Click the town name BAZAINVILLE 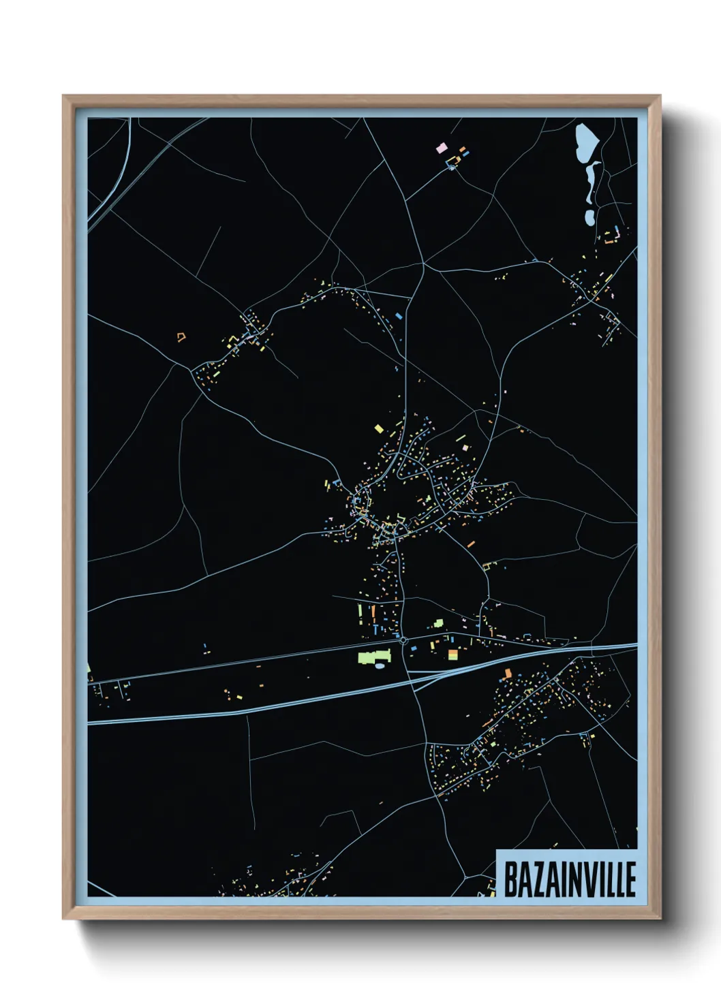pyautogui.click(x=569, y=878)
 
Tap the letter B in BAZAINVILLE pyautogui.click(x=510, y=878)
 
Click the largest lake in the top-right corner pyautogui.click(x=586, y=143)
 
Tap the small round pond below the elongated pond pyautogui.click(x=589, y=218)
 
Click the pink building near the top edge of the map pyautogui.click(x=441, y=146)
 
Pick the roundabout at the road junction pyautogui.click(x=403, y=640)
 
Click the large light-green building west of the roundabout pyautogui.click(x=371, y=657)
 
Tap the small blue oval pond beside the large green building pyautogui.click(x=379, y=666)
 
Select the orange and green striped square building pyautogui.click(x=453, y=655)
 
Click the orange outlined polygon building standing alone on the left pyautogui.click(x=181, y=336)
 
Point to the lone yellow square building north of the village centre pyautogui.click(x=379, y=428)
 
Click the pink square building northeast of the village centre pyautogui.click(x=466, y=447)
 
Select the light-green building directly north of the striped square pyautogui.click(x=438, y=623)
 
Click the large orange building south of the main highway pyautogui.click(x=507, y=673)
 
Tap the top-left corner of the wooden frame pyautogui.click(x=64, y=97)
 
